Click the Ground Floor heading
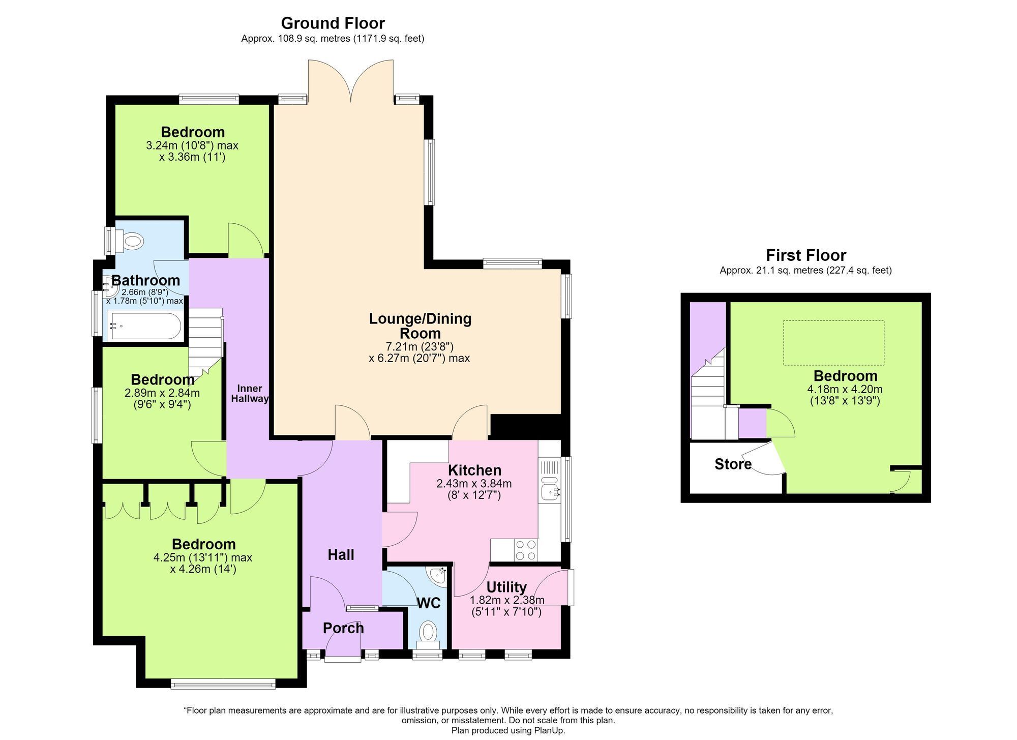[x=333, y=23]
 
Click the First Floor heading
[x=806, y=255]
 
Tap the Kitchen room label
[x=474, y=470]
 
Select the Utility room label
[x=506, y=587]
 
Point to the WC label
[x=429, y=603]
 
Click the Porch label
[x=343, y=628]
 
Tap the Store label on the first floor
[x=733, y=464]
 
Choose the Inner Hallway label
[x=250, y=394]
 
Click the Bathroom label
[x=146, y=280]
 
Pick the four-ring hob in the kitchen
[x=526, y=550]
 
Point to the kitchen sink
[x=550, y=487]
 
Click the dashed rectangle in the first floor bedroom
[x=833, y=343]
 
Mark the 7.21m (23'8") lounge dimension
[x=420, y=347]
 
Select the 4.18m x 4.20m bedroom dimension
[x=845, y=390]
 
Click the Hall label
[x=341, y=555]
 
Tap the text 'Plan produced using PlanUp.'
[x=508, y=731]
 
